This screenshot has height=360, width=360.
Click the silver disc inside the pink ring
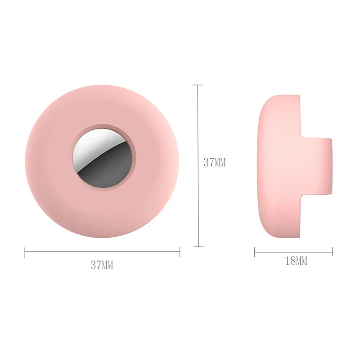coord(102,161)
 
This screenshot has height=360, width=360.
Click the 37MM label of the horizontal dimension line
coord(102,265)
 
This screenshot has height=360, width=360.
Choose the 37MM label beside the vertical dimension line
coord(215,162)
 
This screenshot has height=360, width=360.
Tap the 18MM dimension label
coord(296,261)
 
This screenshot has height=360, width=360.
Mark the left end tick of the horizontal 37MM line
coord(25,252)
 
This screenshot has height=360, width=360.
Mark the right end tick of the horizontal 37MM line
coord(180,252)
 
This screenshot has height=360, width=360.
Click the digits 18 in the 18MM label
coord(290,261)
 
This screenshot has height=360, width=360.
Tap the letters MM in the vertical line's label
coord(220,162)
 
